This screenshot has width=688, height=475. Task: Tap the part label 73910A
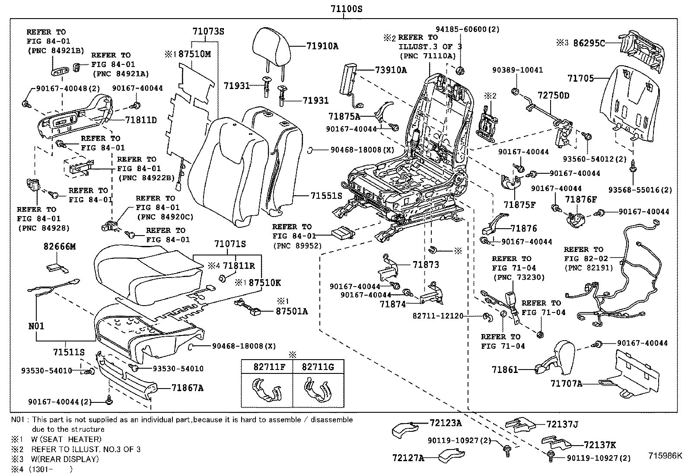pyautogui.click(x=391, y=70)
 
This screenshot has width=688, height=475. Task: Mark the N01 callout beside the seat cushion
pyautogui.click(x=36, y=326)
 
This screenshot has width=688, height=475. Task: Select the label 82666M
pyautogui.click(x=59, y=246)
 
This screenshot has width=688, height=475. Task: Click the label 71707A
pyautogui.click(x=566, y=383)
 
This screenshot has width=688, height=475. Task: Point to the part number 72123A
pyautogui.click(x=446, y=423)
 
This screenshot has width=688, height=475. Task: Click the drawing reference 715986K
pyautogui.click(x=664, y=455)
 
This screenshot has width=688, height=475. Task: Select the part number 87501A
pyautogui.click(x=292, y=311)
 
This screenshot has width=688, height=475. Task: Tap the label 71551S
pyautogui.click(x=326, y=196)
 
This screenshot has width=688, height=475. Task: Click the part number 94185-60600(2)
pyautogui.click(x=467, y=29)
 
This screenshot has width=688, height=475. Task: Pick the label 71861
pyautogui.click(x=504, y=370)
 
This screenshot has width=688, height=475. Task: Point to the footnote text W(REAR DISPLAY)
pyautogui.click(x=65, y=459)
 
